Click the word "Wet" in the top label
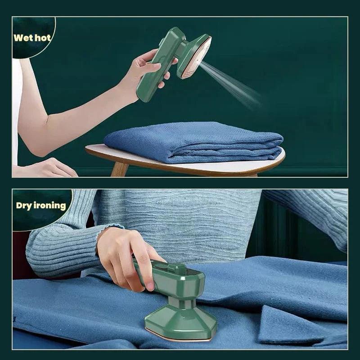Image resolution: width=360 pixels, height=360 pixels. (22, 37)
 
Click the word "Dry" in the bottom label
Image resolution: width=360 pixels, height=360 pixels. (24, 206)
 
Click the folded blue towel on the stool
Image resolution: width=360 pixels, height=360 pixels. (193, 142)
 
